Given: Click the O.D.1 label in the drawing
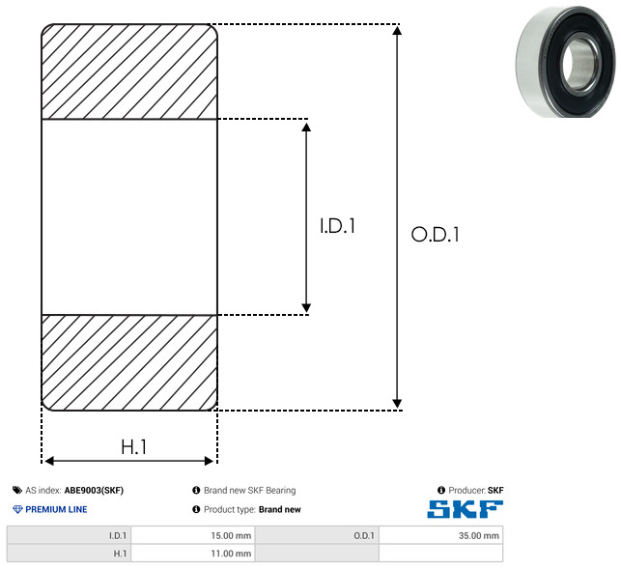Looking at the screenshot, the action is coord(435,234).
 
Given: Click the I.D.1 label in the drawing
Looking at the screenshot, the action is coord(337,226).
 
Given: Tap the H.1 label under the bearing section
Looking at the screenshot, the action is coord(133,447).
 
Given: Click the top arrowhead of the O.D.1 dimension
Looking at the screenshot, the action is coord(397,30).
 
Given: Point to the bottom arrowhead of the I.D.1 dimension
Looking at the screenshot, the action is coord(306,308).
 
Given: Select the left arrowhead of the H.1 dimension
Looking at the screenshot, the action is coord(49,461).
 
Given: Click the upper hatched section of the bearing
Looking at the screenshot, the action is coord(129,71).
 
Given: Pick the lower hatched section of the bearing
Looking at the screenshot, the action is coord(129,362).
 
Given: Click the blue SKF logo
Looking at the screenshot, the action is coord(465,509).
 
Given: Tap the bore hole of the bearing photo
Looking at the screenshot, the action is coord(580,64).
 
